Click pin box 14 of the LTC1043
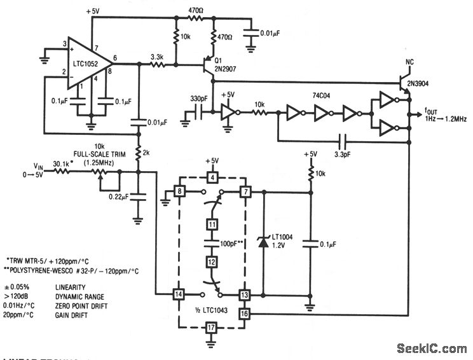point(179,294)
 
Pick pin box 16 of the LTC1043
point(243,314)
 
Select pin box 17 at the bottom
point(212,328)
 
